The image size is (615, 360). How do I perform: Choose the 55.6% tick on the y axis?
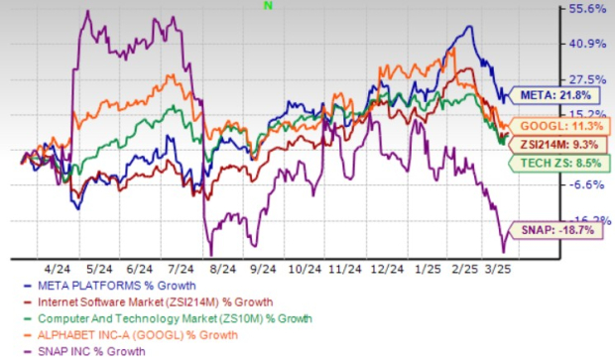586,9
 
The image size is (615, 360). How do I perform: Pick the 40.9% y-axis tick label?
586,44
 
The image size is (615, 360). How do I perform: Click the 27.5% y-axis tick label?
586,78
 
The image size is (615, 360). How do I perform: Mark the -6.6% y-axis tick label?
586,184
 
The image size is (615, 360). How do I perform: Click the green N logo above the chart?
268,5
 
